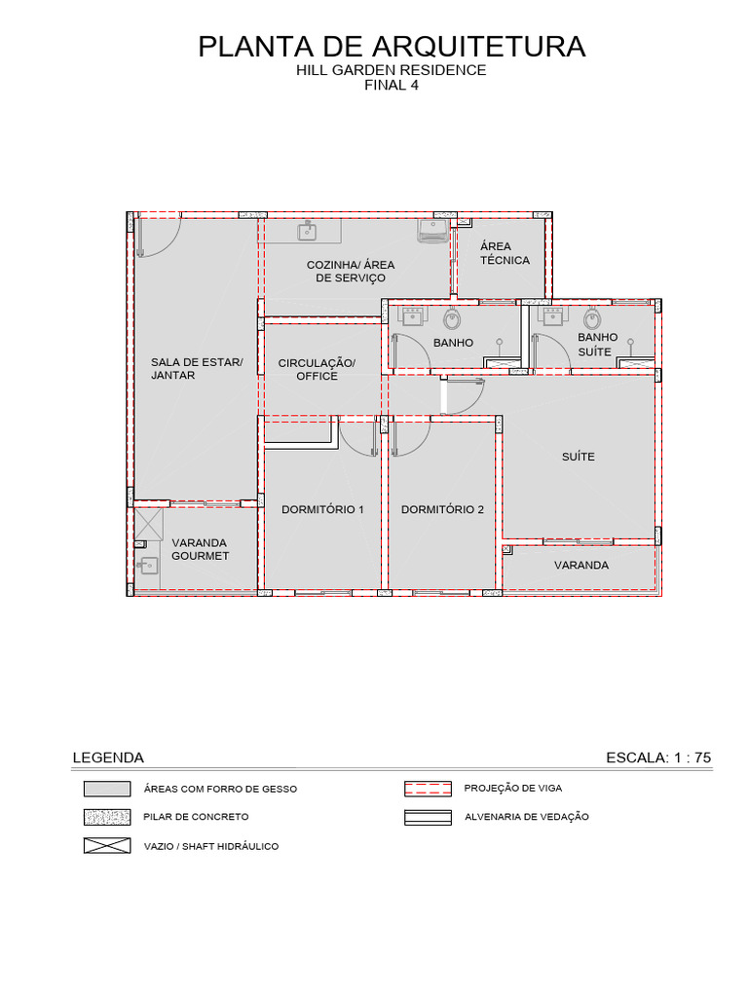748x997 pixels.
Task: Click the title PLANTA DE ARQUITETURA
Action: pos(392,47)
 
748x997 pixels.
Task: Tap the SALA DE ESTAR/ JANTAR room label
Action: pos(197,369)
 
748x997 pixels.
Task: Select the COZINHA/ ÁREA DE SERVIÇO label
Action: pos(351,271)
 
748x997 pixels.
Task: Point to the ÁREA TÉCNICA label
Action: pos(505,252)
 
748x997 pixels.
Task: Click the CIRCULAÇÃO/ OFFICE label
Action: pos(317,369)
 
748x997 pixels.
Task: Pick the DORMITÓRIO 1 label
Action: pos(322,509)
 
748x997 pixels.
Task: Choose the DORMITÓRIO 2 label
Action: pos(442,509)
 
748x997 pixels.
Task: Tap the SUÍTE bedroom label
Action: pos(579,457)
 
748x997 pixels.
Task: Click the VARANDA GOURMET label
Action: pos(200,549)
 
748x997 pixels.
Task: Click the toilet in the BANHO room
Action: pos(452,318)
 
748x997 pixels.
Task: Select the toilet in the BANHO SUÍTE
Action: pos(592,318)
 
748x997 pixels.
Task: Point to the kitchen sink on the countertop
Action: pos(308,232)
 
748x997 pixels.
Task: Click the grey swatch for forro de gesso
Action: pos(107,789)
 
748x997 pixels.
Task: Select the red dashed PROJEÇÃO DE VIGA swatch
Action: pos(428,789)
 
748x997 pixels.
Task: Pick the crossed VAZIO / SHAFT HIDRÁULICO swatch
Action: pos(107,846)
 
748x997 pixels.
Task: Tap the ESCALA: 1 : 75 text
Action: pos(658,757)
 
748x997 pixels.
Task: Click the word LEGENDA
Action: pos(108,757)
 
